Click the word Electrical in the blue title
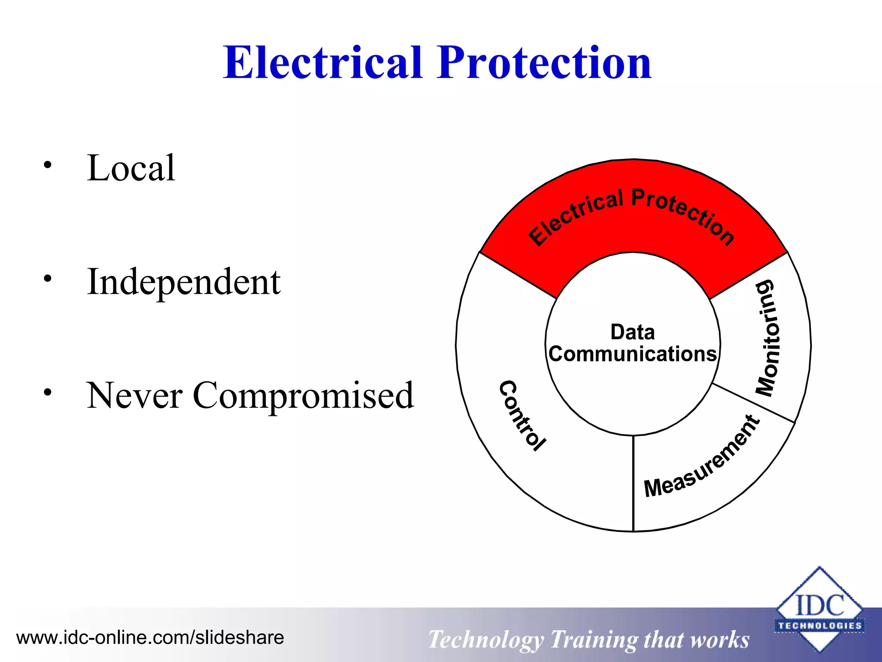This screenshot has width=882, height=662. tap(323, 63)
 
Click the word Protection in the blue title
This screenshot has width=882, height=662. tap(544, 63)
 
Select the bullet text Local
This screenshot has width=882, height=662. tap(131, 168)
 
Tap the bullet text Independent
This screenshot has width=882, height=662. tap(184, 282)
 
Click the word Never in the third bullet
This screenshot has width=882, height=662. tap(135, 396)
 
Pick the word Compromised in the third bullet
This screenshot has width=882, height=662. tap(303, 396)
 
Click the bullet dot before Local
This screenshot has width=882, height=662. tap(47, 165)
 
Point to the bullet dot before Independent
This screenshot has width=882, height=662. tap(47, 279)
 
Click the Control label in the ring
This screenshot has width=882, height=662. tap(522, 416)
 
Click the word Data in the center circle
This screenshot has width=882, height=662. tap(633, 332)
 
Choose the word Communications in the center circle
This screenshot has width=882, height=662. tap(633, 354)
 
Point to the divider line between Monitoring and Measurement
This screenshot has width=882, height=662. tap(754, 403)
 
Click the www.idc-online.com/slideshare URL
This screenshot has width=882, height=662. tap(150, 637)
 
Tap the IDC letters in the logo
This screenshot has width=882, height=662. tap(820, 605)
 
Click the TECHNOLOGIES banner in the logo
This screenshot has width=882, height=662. tap(820, 626)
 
